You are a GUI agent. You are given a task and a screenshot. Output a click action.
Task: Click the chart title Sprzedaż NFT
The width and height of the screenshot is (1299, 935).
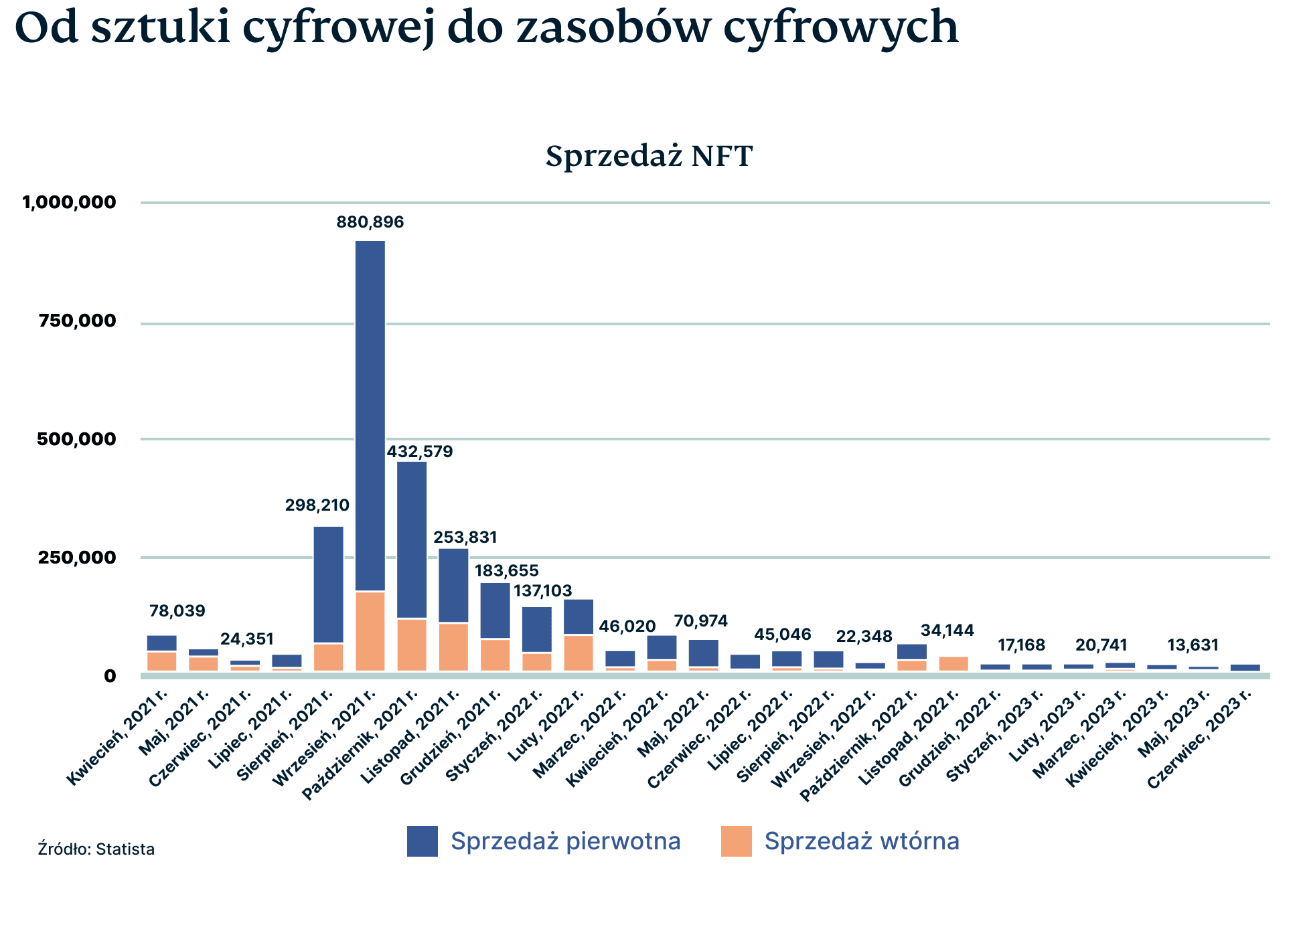649,156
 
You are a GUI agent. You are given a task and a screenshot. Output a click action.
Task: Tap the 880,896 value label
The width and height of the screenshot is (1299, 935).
370,222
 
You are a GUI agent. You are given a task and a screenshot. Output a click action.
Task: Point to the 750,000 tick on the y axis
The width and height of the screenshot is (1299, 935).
78,321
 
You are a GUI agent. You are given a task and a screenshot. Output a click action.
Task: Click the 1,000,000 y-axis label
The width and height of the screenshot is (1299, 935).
70,202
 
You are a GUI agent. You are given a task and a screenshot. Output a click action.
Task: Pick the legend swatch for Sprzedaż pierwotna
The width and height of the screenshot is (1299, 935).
423,841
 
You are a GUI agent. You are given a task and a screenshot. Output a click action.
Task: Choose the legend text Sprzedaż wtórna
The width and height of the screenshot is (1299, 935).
862,841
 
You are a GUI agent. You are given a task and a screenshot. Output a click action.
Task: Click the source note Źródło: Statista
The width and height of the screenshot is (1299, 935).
96,849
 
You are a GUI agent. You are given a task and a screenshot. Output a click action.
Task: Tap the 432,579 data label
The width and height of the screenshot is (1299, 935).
420,452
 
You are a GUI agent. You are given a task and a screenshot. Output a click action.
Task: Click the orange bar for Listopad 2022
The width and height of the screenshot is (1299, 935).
953,663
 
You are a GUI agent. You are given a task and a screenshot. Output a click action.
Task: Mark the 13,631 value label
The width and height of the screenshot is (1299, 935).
1193,646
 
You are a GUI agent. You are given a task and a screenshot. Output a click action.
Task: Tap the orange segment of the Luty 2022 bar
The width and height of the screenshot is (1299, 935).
579,653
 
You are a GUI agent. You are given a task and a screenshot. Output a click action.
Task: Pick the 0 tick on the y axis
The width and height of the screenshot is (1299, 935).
110,676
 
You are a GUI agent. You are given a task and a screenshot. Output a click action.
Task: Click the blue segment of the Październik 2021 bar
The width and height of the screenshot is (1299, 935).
412,539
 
